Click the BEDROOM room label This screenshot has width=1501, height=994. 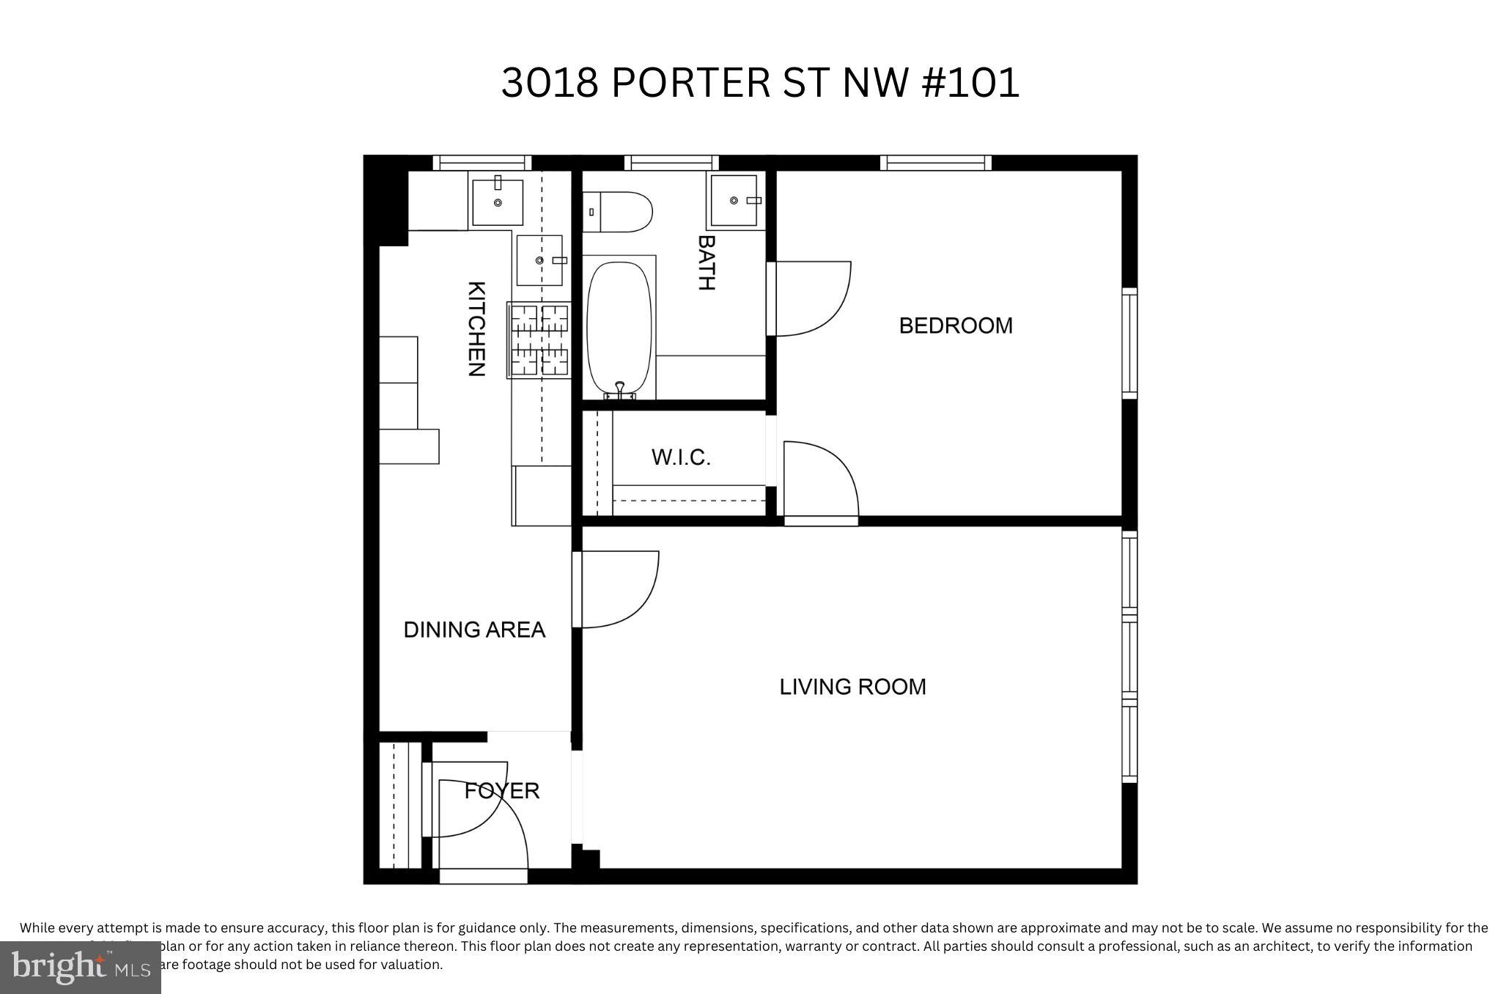tap(955, 325)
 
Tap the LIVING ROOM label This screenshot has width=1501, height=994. tap(852, 687)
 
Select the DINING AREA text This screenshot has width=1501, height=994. tap(474, 630)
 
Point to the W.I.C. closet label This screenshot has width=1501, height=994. tap(681, 457)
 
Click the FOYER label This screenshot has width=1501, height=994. tap(502, 790)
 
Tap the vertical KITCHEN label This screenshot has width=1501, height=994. tap(476, 328)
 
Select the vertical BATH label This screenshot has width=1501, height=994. tap(706, 262)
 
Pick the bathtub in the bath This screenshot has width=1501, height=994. tap(619, 328)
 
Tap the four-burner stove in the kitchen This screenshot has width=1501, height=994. tap(539, 340)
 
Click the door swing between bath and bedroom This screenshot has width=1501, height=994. tap(810, 298)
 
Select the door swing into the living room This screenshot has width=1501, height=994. tap(616, 589)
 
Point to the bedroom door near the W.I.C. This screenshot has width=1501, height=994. tap(819, 480)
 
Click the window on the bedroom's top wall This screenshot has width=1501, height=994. tap(935, 163)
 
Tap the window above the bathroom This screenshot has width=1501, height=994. tap(671, 163)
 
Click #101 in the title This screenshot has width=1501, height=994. tap(969, 82)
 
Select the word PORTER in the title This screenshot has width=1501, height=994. tap(690, 82)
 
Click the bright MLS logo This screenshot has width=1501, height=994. tap(81, 968)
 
